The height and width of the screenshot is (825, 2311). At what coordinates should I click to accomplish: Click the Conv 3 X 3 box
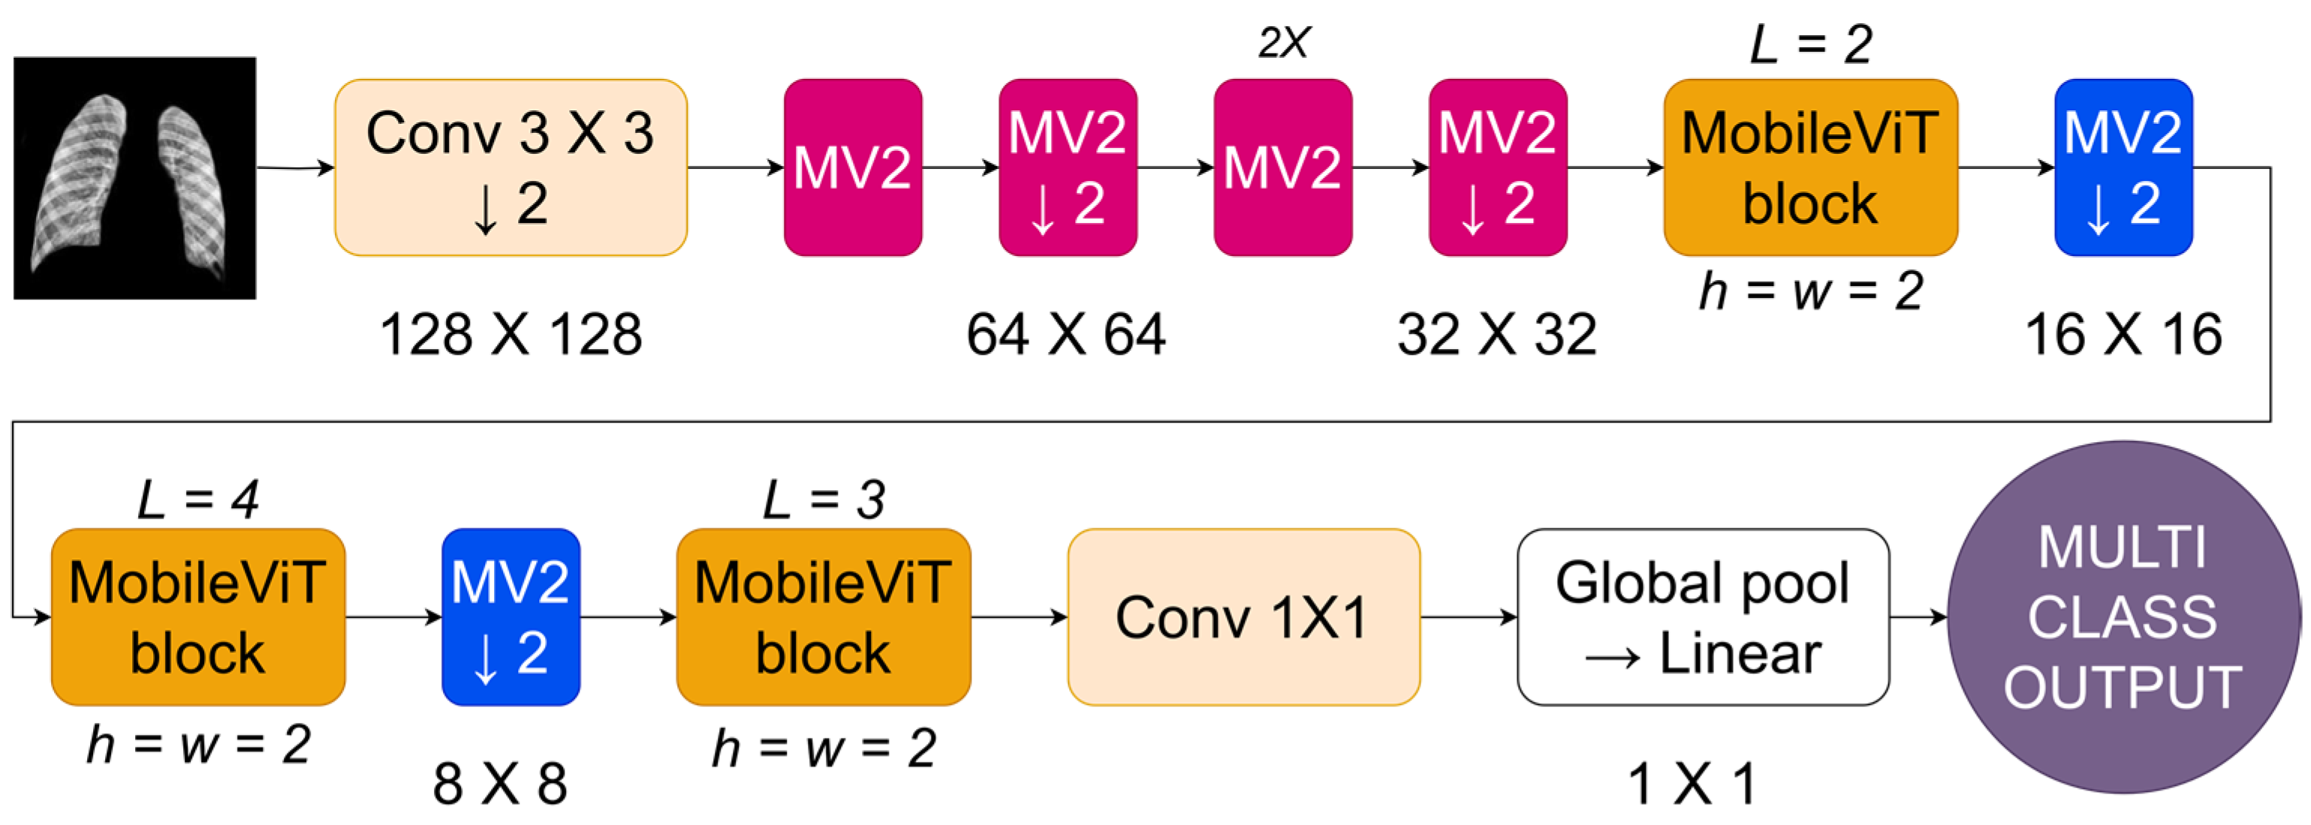pyautogui.click(x=511, y=167)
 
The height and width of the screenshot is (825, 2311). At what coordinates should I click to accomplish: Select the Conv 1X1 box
pyautogui.click(x=1243, y=617)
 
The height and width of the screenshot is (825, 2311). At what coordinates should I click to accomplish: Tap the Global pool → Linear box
pyautogui.click(x=1703, y=617)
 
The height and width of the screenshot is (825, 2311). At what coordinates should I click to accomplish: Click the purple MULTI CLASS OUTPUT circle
pyautogui.click(x=2123, y=617)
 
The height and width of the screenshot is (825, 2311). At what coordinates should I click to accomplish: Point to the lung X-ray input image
pyautogui.click(x=134, y=178)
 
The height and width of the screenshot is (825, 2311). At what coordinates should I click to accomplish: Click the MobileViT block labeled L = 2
pyautogui.click(x=1810, y=167)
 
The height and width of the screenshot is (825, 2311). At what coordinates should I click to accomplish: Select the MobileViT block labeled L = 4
pyautogui.click(x=197, y=617)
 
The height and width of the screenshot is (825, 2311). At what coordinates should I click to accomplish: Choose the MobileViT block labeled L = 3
pyautogui.click(x=823, y=617)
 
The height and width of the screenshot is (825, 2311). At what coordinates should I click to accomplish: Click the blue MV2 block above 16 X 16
pyautogui.click(x=2123, y=167)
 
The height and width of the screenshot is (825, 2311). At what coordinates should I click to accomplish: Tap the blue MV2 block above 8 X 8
pyautogui.click(x=511, y=617)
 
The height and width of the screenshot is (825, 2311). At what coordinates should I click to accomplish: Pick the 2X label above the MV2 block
pyautogui.click(x=1284, y=42)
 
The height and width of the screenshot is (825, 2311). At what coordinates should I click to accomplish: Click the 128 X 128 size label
pyautogui.click(x=511, y=336)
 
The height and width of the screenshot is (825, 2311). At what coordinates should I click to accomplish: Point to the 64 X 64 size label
pyautogui.click(x=1066, y=336)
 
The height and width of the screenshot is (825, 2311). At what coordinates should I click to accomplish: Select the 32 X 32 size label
pyautogui.click(x=1496, y=336)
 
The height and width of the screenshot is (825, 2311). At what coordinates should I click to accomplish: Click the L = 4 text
pyautogui.click(x=197, y=499)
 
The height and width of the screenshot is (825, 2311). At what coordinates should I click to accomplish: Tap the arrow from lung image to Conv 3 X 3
pyautogui.click(x=295, y=167)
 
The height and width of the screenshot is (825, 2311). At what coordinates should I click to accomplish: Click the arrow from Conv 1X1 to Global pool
pyautogui.click(x=1469, y=617)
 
